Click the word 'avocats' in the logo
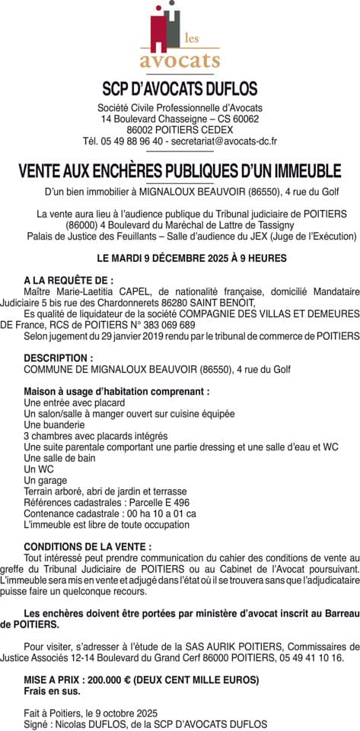click(x=180, y=59)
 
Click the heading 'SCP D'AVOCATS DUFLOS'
click(x=180, y=88)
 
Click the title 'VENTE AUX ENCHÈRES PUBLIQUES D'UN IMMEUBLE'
click(x=180, y=170)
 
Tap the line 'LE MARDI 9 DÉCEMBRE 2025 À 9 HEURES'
click(x=180, y=259)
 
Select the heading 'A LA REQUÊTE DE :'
click(x=68, y=281)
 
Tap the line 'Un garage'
click(x=46, y=480)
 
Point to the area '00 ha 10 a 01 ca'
click(x=161, y=513)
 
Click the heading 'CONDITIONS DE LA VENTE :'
click(x=88, y=546)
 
